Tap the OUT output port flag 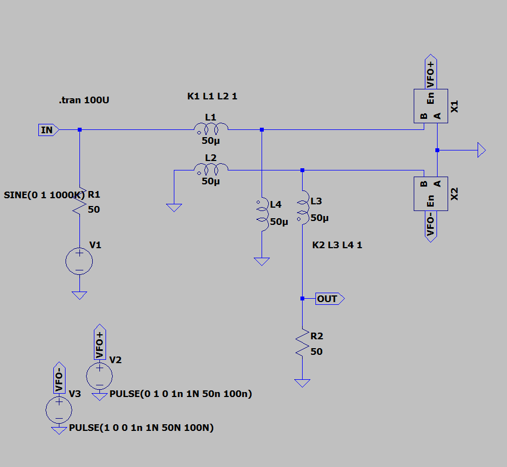pos(329,299)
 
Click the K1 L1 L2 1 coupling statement pos(212,97)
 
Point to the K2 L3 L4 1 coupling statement pos(337,245)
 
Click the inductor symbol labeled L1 pos(210,129)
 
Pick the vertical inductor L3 pos(303,208)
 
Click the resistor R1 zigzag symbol pos(80,201)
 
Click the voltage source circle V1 pos(79,261)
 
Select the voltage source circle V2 pos(100,375)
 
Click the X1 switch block pos(430,106)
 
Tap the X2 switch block pos(430,194)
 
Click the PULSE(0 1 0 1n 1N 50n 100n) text pos(181,394)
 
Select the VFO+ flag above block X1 pos(431,72)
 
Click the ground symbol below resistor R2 pos(302,383)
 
